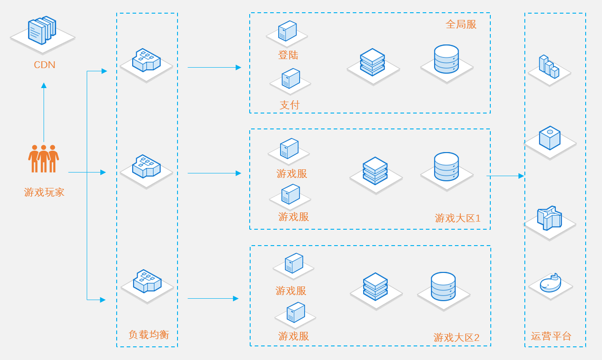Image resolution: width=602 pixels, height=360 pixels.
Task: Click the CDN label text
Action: click(x=44, y=65)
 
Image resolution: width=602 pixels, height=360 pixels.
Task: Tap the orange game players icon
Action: click(x=44, y=158)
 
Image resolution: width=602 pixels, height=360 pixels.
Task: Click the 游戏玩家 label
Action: click(x=44, y=192)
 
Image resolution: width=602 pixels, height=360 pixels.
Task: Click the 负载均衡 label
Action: click(x=148, y=335)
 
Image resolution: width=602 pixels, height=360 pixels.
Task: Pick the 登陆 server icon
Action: click(x=287, y=31)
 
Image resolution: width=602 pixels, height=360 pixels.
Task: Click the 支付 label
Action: click(x=290, y=105)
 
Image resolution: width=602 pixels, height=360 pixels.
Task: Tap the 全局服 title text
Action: click(x=461, y=25)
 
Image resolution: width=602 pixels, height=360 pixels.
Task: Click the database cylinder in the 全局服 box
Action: click(x=446, y=59)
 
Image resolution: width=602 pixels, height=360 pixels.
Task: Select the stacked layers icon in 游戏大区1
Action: click(x=375, y=171)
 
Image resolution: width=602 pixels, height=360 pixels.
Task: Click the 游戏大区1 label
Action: click(x=457, y=218)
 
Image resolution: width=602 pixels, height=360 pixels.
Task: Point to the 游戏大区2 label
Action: click(x=456, y=338)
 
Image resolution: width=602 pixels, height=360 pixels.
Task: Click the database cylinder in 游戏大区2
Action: click(x=443, y=286)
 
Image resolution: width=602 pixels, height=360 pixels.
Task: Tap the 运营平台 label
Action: click(x=551, y=336)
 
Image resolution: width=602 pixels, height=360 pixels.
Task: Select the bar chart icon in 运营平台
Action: click(x=548, y=67)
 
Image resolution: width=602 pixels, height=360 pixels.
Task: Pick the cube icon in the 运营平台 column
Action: click(x=549, y=138)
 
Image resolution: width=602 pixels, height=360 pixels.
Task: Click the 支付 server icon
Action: click(x=291, y=79)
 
